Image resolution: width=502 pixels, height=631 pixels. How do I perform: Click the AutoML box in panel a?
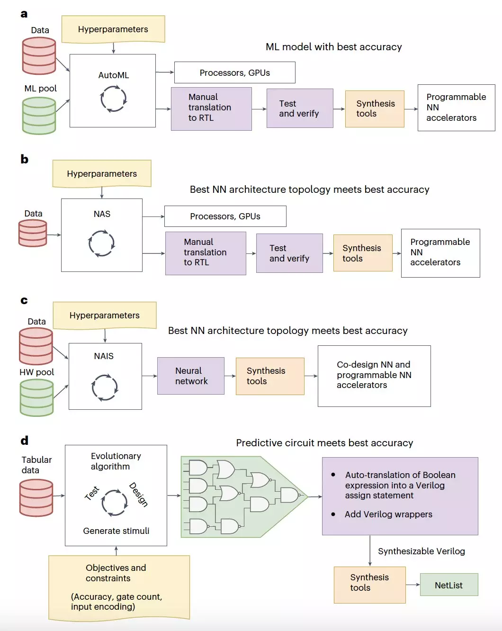113,90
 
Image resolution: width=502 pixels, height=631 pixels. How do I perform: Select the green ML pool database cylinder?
39,116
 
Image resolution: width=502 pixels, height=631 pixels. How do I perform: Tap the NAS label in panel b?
102,214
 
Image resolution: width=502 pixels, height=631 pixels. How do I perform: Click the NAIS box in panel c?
105,376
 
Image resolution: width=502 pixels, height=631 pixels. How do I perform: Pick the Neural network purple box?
191,376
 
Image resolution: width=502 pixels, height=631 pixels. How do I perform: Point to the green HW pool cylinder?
36,397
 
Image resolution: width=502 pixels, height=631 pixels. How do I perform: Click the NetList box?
449,585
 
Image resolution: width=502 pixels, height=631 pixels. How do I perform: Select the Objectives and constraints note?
119,587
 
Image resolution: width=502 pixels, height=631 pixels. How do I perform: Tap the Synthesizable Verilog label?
421,551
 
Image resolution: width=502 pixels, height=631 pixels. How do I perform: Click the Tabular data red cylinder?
36,497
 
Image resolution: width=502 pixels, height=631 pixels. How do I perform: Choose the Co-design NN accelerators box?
374,376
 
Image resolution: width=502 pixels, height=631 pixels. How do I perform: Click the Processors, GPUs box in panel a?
234,72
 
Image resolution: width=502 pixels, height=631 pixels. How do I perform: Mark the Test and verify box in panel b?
289,253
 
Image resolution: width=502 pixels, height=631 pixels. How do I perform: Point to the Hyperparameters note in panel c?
105,315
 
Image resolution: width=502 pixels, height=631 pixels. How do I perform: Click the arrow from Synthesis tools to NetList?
413,585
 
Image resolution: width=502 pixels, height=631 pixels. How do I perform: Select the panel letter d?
25,441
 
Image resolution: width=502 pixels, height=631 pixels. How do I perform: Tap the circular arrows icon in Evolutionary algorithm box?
114,502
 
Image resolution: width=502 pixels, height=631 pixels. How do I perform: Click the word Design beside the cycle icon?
138,495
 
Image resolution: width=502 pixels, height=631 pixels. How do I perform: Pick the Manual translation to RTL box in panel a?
211,109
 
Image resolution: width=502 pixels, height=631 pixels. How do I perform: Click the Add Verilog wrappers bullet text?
388,514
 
